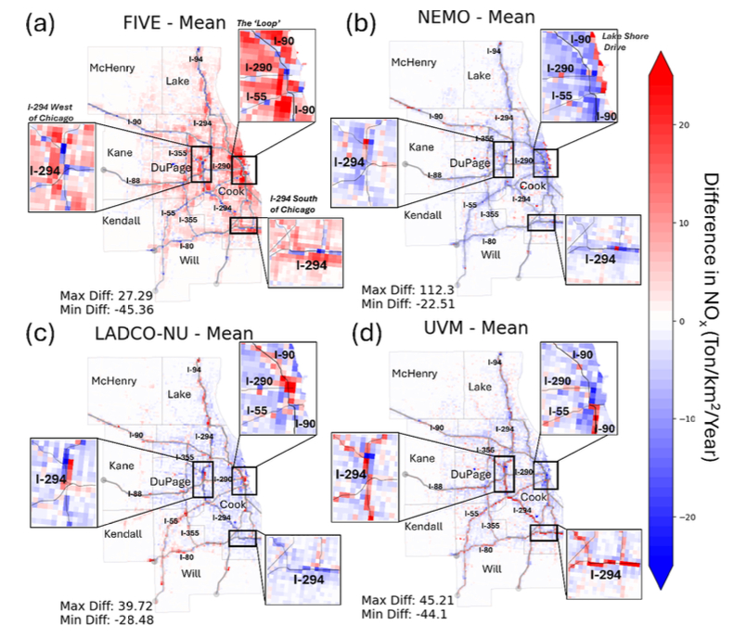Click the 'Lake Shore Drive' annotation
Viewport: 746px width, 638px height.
(x=607, y=41)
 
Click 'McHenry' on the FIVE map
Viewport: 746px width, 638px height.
(x=114, y=68)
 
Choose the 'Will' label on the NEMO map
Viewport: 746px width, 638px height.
(x=490, y=254)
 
